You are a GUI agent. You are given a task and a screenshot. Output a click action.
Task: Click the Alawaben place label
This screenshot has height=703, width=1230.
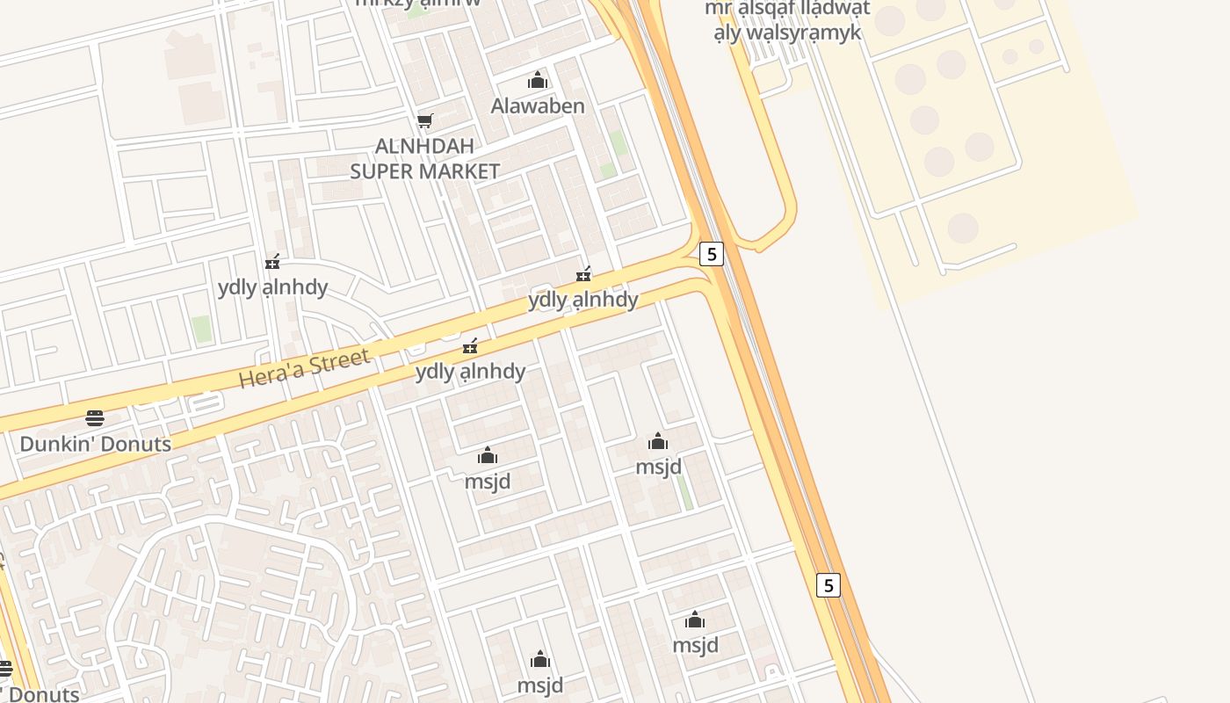[x=537, y=106]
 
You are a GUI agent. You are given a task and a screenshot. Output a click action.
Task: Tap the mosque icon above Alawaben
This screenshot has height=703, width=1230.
[x=537, y=82]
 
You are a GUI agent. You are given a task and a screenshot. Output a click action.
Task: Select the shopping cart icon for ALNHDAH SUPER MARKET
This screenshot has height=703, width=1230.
[x=425, y=120]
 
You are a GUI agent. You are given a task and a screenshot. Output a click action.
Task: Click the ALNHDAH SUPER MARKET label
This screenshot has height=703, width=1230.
[x=425, y=158]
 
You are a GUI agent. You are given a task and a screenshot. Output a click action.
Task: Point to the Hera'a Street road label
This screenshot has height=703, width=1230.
[x=304, y=368]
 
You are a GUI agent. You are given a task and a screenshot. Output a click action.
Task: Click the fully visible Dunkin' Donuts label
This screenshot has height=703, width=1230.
[x=95, y=444]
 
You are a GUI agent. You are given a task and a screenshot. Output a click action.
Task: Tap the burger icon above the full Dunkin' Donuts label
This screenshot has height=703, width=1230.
[x=95, y=417]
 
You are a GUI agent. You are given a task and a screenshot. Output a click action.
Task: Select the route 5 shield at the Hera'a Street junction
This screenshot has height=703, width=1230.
[x=711, y=254]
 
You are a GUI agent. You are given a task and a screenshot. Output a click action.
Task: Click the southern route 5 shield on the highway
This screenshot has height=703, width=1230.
[x=828, y=584]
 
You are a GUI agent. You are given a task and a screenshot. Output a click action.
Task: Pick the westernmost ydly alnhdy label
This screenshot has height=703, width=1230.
[x=272, y=287]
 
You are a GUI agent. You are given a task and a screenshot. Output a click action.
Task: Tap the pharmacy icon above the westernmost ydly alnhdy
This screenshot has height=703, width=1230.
[x=272, y=262]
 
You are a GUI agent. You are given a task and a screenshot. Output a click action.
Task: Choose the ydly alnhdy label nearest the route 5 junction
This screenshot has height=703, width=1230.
[x=582, y=300]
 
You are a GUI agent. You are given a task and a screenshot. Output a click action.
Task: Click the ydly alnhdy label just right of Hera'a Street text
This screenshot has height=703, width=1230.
[x=470, y=372]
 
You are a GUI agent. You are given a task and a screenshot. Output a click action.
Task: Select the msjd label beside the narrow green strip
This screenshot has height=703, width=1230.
[x=658, y=467]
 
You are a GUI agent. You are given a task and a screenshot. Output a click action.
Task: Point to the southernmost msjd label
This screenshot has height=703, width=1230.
[x=539, y=685]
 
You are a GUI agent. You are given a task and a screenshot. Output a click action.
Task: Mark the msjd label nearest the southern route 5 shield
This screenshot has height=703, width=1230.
[x=695, y=646]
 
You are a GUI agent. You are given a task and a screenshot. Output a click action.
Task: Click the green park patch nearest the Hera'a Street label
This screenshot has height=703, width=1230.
[x=202, y=329]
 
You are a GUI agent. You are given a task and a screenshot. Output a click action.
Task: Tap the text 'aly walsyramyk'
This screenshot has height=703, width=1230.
[x=787, y=33]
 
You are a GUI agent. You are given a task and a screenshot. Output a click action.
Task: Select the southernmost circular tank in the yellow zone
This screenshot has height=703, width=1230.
[x=963, y=228]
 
